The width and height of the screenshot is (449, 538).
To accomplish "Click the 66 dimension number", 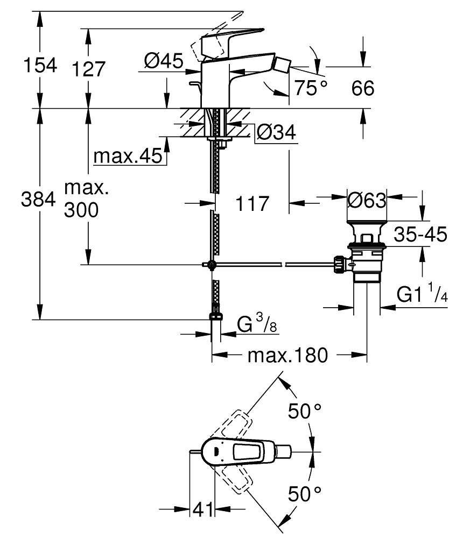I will pos(363,88).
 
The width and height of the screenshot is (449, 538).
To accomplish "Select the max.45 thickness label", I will pos(127,157).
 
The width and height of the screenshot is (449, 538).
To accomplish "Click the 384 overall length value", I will pos(38,200).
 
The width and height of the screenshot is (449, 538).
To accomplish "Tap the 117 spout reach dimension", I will pos(252,204).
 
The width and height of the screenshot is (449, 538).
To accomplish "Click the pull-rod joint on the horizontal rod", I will pos(212,264).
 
